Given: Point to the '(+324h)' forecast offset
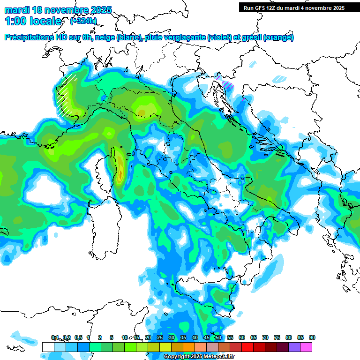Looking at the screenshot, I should tap(84, 21).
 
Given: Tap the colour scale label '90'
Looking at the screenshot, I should tap(312, 337).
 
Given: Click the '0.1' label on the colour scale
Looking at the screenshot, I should tap(55, 337).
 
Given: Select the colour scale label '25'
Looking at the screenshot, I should tap(160, 337).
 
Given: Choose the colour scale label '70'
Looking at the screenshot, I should tap(265, 337).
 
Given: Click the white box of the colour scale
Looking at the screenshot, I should tap(48, 347).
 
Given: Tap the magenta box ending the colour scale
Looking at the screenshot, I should tap(306, 347).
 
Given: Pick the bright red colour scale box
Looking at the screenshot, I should tap(247, 347).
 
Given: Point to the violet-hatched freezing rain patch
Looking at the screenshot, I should tap(228, 85).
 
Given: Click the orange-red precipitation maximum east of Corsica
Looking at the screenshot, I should tap(120, 174).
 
